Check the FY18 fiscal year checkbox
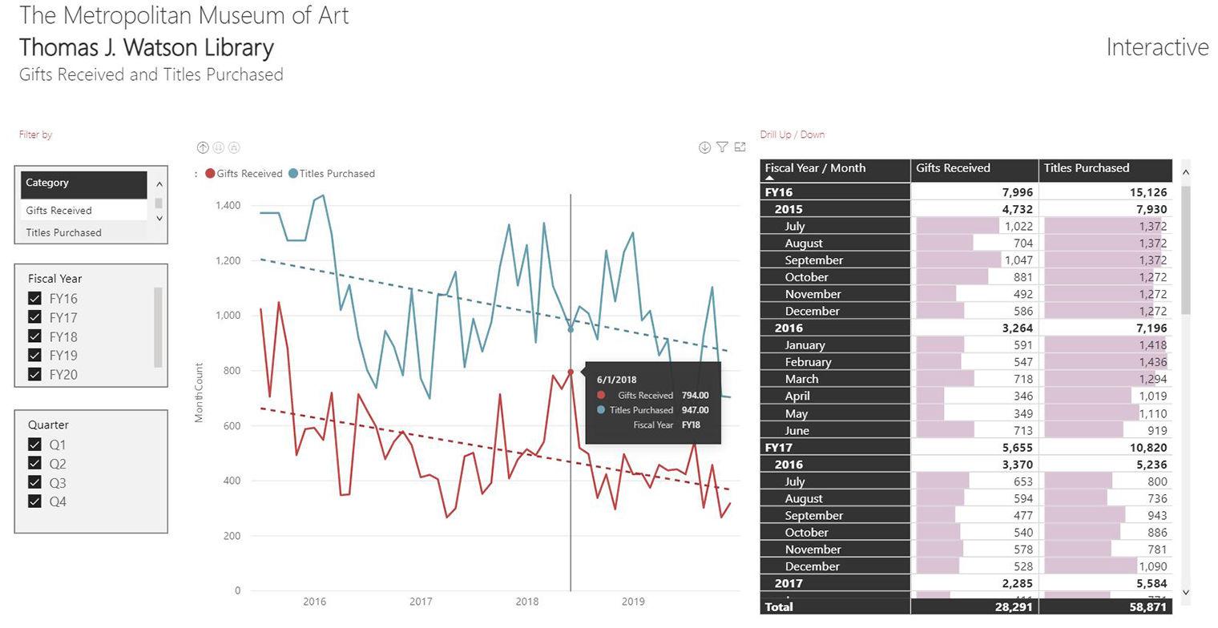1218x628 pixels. (x=34, y=336)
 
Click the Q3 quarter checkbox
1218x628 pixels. (x=34, y=482)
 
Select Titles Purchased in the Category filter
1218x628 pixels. (x=63, y=232)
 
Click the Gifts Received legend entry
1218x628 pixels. (x=248, y=174)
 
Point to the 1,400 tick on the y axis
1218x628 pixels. (x=228, y=206)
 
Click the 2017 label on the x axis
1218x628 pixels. (x=421, y=602)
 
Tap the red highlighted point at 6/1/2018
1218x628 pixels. (x=571, y=372)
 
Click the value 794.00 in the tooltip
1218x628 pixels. (x=695, y=395)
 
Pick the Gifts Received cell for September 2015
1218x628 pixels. (x=974, y=260)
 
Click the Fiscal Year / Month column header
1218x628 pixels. (x=815, y=168)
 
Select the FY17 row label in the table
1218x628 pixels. (x=779, y=447)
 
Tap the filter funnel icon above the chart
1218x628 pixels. (x=722, y=147)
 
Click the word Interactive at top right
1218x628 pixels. (x=1156, y=47)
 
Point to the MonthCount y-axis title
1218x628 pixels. (x=199, y=392)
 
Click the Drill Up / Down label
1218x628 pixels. (x=792, y=135)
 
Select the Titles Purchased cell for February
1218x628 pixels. (x=1105, y=362)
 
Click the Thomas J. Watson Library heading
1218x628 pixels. (x=147, y=47)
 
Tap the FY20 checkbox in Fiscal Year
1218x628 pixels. (x=34, y=374)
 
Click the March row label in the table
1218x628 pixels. (x=801, y=379)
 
